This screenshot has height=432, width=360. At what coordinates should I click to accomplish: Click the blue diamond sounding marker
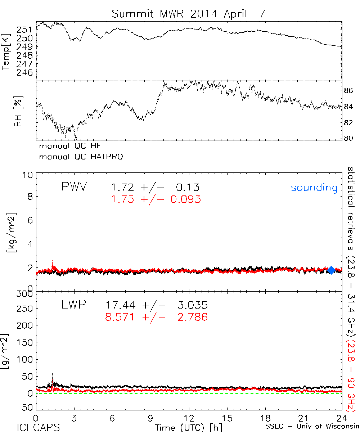coord(331,270)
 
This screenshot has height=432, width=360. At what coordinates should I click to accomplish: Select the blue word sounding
coord(314,188)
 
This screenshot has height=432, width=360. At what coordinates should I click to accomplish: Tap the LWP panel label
coord(74,305)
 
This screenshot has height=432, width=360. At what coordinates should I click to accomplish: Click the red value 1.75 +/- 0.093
coord(156,199)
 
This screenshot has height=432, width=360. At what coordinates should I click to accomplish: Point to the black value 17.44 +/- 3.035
coord(157,306)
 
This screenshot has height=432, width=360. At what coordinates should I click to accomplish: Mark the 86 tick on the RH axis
coord(348,91)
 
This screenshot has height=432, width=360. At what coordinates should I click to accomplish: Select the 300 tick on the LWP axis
coord(25,294)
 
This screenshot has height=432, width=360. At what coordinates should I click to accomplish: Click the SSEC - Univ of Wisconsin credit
coord(312,427)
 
